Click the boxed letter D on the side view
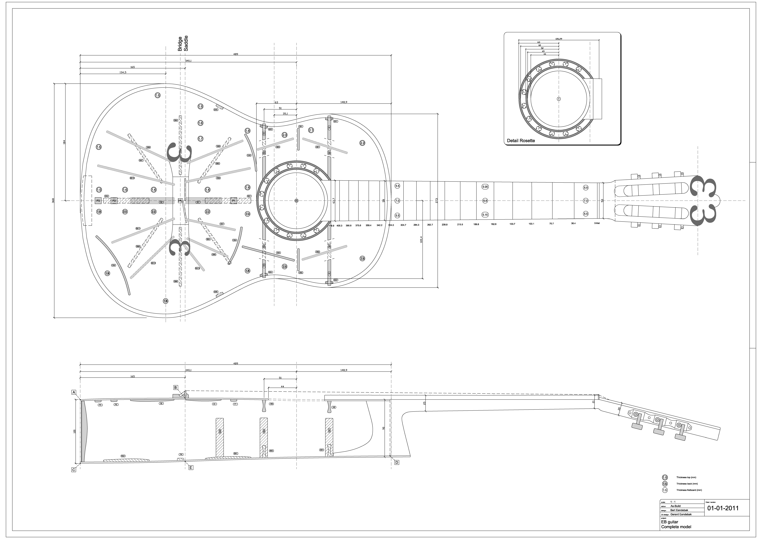pos(397,462)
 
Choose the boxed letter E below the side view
pos(191,468)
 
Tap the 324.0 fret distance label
pos(391,225)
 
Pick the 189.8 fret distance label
pos(476,224)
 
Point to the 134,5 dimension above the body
pos(123,72)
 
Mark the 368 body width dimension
pos(53,200)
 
